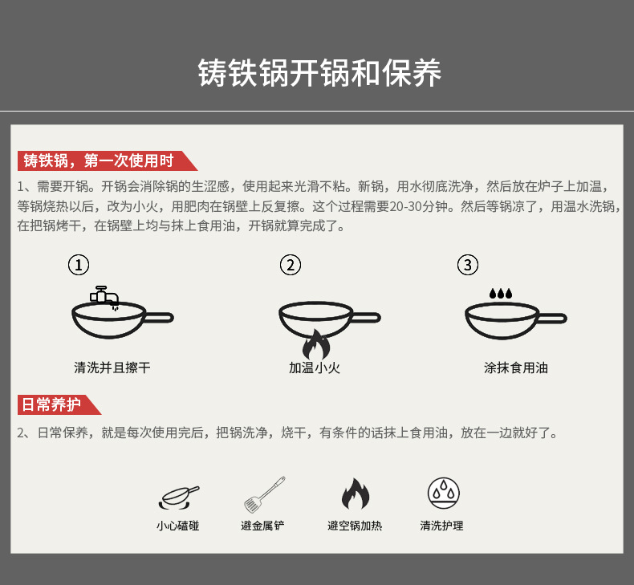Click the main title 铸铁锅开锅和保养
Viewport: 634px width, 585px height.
click(319, 73)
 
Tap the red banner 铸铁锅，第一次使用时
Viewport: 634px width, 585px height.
click(100, 160)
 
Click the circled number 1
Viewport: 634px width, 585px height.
click(78, 265)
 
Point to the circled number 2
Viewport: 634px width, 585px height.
click(290, 265)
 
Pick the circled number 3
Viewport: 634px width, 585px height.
click(468, 265)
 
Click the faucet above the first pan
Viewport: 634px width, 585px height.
click(102, 295)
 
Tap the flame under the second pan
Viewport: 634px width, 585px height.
click(315, 345)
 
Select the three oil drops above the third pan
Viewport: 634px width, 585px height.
click(500, 295)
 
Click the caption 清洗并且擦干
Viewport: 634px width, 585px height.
click(112, 368)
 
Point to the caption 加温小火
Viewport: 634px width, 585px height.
click(315, 368)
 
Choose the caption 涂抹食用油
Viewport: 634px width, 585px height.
click(516, 368)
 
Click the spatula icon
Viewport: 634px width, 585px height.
click(265, 494)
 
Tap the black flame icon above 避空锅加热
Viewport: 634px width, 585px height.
click(355, 494)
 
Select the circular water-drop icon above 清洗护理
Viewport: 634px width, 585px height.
click(442, 493)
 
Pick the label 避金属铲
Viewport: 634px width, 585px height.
click(262, 526)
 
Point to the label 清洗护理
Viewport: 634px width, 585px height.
click(441, 526)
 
